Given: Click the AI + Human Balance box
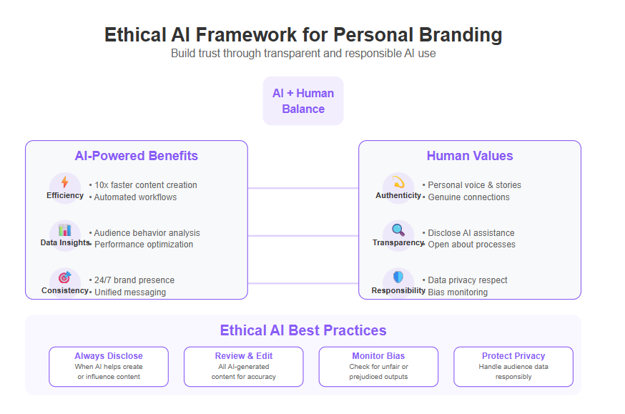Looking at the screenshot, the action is [x=303, y=101].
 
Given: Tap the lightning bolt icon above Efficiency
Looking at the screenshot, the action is [x=64, y=182].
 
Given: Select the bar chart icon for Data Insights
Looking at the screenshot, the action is [x=64, y=230].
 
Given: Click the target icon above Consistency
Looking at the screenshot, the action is [x=64, y=277].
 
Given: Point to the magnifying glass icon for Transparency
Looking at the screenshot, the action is [x=398, y=230].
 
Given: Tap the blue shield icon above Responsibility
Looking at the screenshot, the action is [x=398, y=277].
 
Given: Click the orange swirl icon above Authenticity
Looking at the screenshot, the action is [x=398, y=182].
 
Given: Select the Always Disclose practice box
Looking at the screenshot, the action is [x=109, y=367].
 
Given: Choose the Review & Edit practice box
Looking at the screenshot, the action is [x=244, y=367].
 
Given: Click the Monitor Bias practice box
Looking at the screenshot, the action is [x=379, y=367].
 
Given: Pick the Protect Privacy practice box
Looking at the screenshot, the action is [x=513, y=367].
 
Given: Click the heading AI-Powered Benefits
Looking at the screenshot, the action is [x=137, y=156].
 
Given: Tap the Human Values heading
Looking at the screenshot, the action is [x=470, y=156].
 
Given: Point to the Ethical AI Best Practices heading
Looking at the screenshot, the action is [x=303, y=330].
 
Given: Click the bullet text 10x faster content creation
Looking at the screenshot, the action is [x=146, y=185].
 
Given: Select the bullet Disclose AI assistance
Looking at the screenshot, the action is [x=471, y=232].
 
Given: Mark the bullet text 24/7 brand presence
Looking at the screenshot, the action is [x=134, y=280].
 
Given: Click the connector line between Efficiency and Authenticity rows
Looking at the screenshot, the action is [x=303, y=188].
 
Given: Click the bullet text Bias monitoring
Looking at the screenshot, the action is [x=458, y=292].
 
